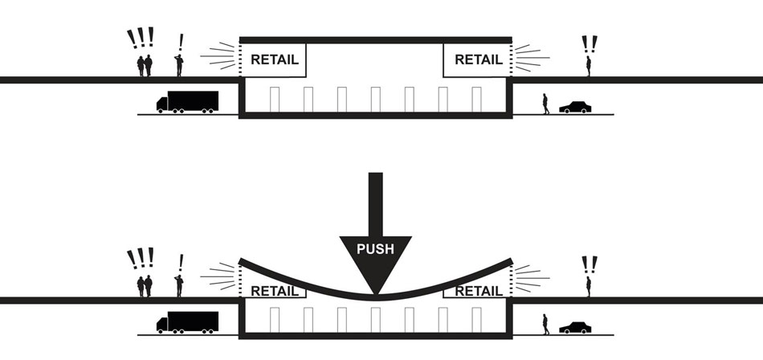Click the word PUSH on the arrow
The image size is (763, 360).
[376, 248]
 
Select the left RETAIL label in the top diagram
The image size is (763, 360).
[275, 59]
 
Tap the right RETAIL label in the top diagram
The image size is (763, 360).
[479, 59]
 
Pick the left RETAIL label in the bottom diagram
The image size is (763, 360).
[275, 291]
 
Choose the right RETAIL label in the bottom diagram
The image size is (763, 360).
[479, 291]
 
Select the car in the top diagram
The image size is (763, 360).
[575, 107]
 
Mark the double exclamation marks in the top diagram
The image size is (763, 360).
[590, 43]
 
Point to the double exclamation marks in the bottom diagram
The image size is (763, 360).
[590, 264]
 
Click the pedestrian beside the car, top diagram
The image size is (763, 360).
[546, 104]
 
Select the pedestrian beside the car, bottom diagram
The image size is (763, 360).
[546, 324]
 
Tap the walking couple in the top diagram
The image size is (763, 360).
[145, 66]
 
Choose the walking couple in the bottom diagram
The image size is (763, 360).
[145, 286]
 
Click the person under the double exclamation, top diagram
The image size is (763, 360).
[589, 66]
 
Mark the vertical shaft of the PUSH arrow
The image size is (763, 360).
[376, 201]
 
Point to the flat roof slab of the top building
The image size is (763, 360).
[376, 39]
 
